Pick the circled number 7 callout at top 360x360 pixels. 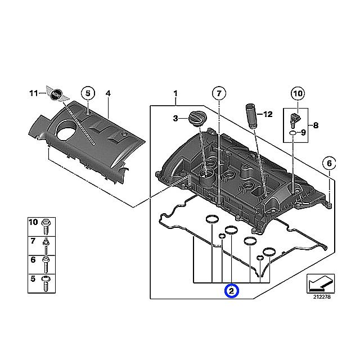click(x=218, y=93)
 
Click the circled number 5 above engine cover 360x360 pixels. click(x=87, y=93)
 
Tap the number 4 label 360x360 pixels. click(x=108, y=93)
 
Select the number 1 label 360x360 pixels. click(x=175, y=93)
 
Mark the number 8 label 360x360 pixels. click(x=316, y=125)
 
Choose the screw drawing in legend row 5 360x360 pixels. click(x=46, y=281)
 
